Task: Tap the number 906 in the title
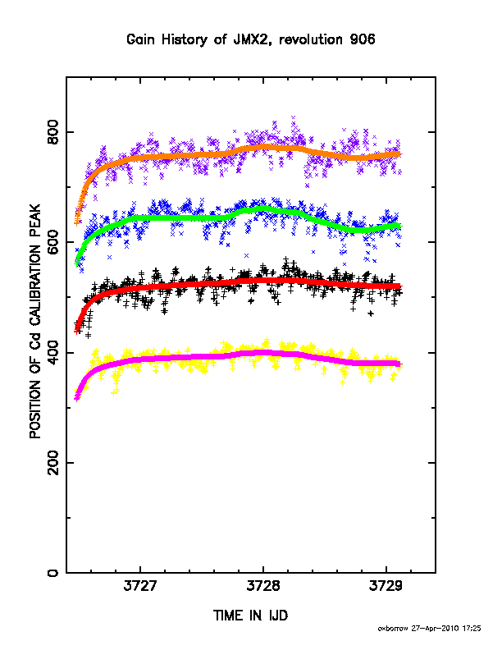tap(363, 39)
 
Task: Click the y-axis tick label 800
tap(53, 132)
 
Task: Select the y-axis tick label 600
tap(53, 241)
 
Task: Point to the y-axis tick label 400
tap(53, 352)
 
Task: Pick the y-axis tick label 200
tap(53, 463)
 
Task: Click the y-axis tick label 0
tap(53, 573)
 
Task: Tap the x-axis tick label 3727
tap(140, 586)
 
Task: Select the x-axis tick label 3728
tap(263, 586)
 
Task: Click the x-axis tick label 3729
tap(386, 586)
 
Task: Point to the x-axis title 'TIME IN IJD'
tap(250, 616)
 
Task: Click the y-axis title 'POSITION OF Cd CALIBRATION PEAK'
tap(35, 321)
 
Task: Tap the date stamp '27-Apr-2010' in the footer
tap(435, 629)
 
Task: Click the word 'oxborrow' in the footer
tap(393, 629)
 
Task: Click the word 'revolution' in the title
tap(311, 39)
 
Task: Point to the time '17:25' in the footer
tap(472, 629)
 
